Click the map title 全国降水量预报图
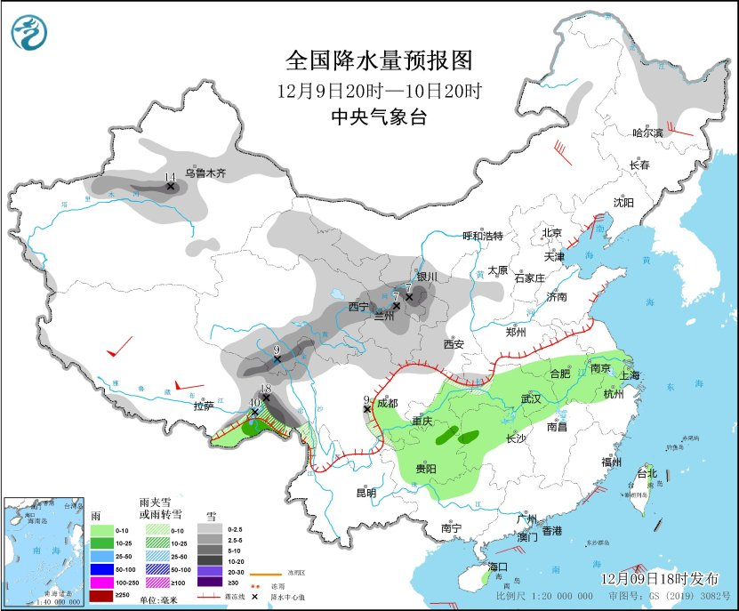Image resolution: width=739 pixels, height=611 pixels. click(378, 60)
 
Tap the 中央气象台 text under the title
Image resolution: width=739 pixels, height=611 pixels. click(378, 117)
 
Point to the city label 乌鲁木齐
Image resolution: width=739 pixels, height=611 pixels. click(205, 173)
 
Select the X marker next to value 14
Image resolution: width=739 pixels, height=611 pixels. click(171, 188)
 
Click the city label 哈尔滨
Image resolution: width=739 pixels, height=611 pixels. click(647, 133)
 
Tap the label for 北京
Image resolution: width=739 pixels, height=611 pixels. click(552, 233)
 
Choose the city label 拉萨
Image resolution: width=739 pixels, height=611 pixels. click(204, 406)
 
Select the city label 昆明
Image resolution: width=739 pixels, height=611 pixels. click(365, 492)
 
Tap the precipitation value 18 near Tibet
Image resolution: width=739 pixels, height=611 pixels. click(265, 388)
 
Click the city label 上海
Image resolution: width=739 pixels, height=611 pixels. click(630, 374)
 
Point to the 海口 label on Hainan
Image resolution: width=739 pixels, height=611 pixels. click(496, 567)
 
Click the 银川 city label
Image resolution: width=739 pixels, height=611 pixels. click(427, 277)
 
